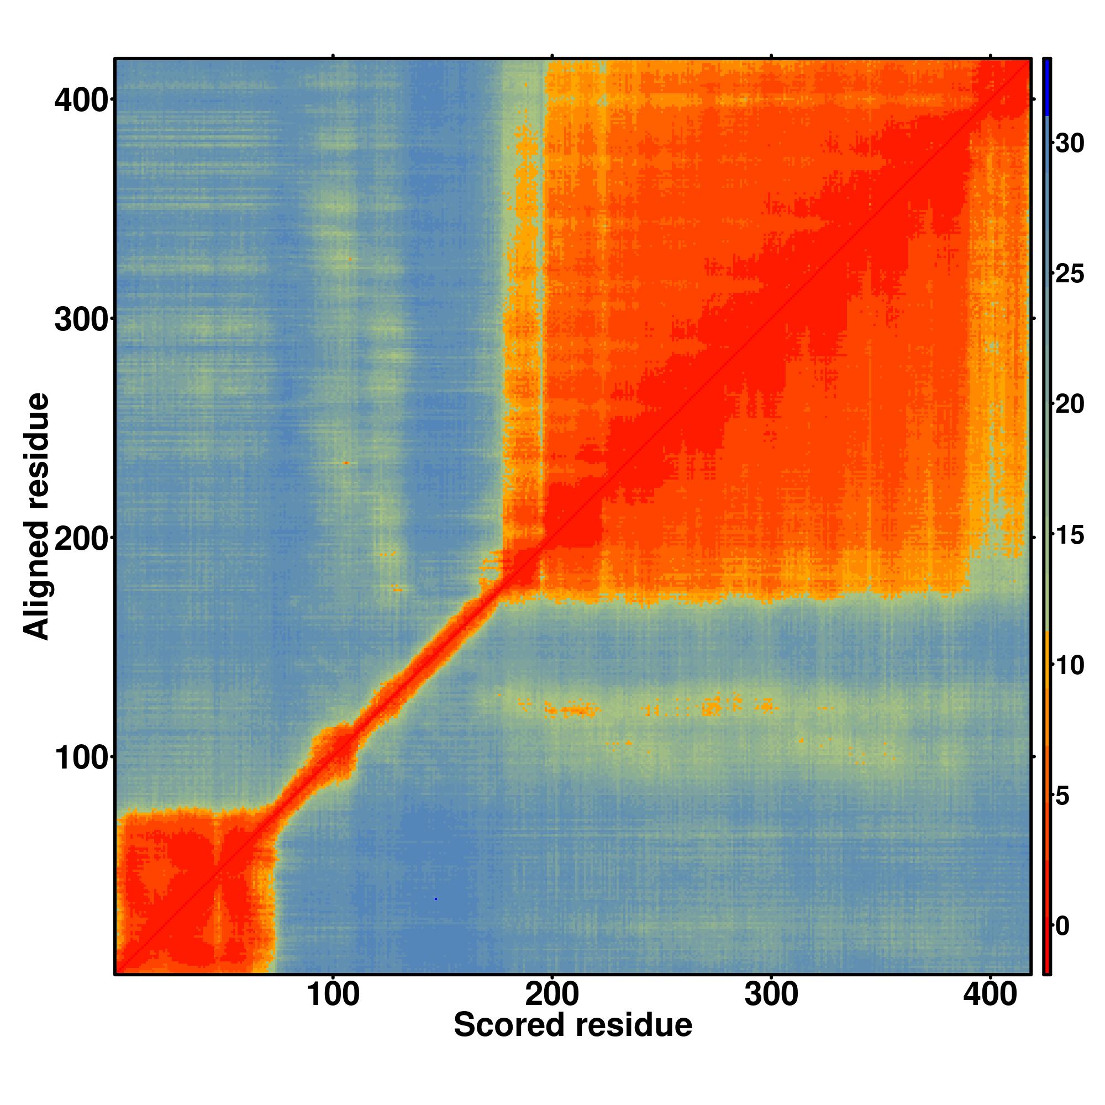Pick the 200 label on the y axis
click(81, 539)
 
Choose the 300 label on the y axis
click(81, 320)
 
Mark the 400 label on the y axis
click(81, 101)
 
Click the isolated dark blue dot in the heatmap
click(436, 899)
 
